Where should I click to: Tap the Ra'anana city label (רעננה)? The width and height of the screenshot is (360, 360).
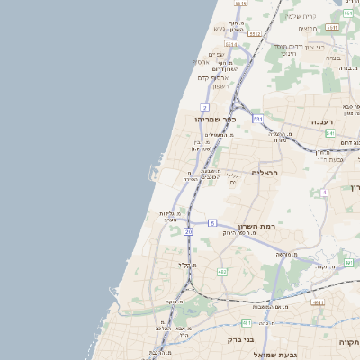pos(323,121)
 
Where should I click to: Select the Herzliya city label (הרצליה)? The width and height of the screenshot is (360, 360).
pos(266,172)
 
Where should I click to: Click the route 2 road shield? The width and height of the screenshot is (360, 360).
pos(205,107)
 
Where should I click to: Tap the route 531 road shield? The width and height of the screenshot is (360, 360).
pos(256,118)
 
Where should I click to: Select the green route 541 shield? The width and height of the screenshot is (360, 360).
pos(330,132)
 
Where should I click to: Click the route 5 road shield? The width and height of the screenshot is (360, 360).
pos(212,221)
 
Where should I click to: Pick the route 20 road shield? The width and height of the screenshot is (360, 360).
pos(189,231)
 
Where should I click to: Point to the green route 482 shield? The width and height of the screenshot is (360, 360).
pos(222,271)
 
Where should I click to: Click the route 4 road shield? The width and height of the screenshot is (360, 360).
pos(323,192)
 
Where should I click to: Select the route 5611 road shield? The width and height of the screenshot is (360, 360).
pos(231,43)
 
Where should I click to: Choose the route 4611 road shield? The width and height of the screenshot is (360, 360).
pos(332,26)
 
